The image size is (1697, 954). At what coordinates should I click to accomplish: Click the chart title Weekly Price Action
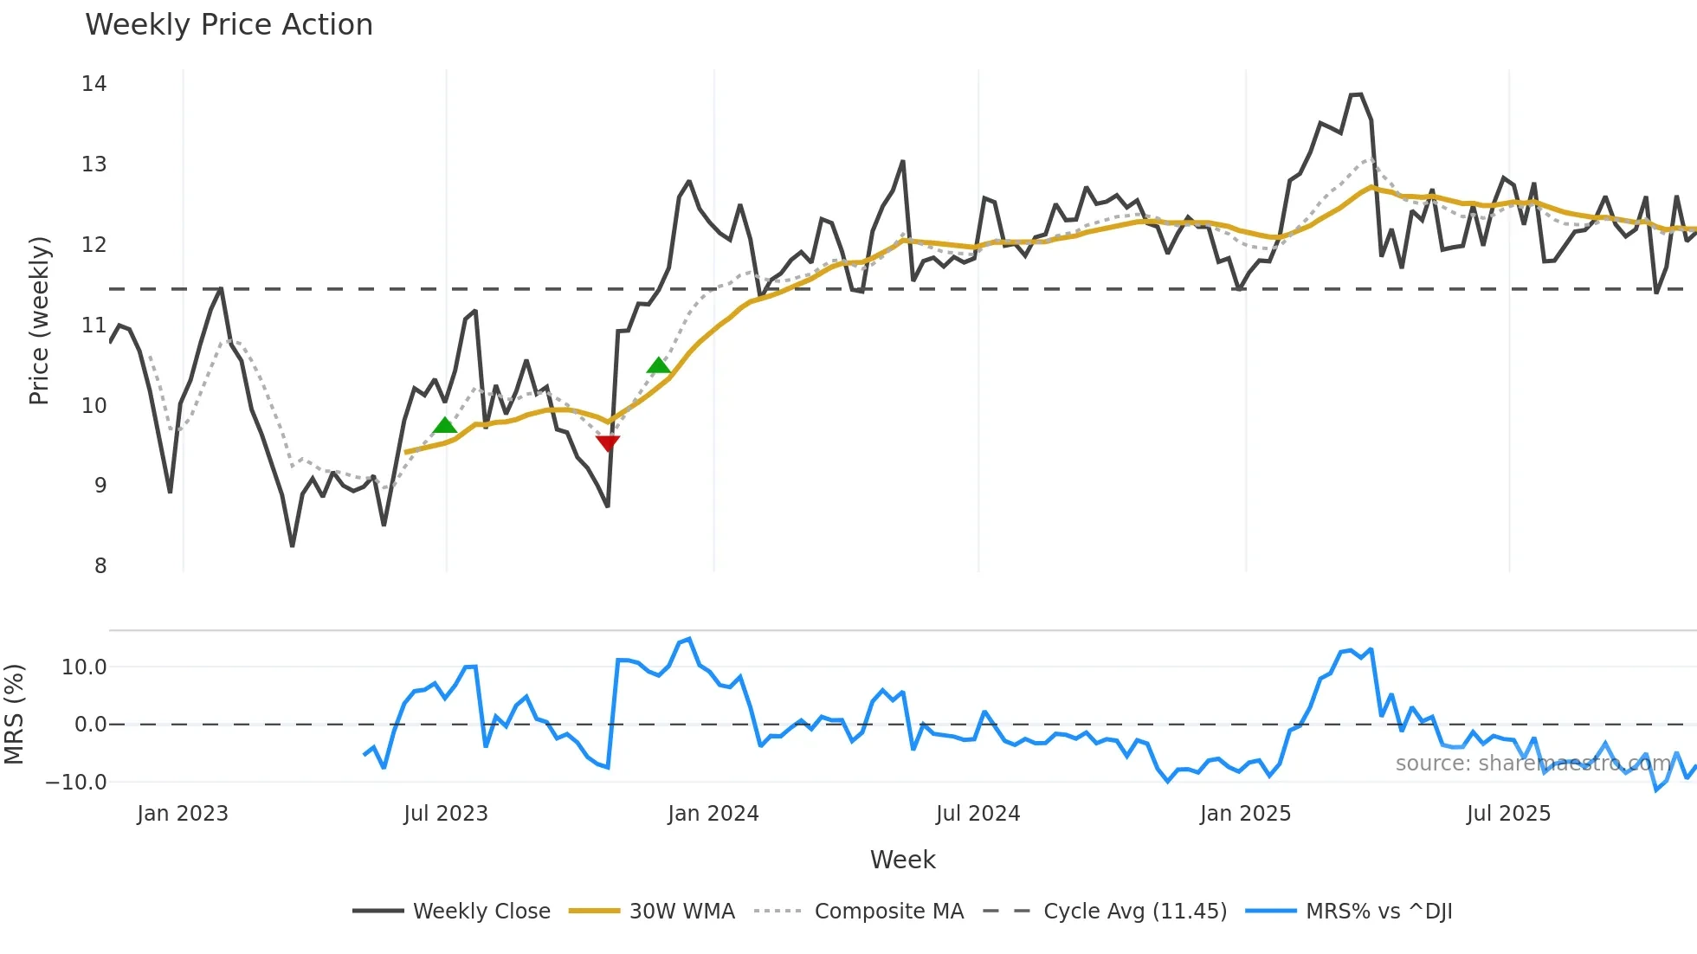click(229, 25)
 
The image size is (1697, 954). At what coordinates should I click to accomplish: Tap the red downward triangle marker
click(608, 443)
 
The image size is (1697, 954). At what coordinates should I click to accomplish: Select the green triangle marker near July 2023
click(444, 425)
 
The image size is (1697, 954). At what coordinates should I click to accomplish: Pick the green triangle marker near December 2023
click(658, 365)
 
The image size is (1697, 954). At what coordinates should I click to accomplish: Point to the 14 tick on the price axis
click(94, 84)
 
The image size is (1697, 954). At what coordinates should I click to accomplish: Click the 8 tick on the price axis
click(100, 566)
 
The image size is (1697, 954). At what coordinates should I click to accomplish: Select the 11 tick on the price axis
click(94, 326)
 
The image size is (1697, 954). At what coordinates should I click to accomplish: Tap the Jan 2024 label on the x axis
click(713, 814)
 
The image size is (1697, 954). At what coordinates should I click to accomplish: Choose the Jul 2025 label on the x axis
click(1508, 814)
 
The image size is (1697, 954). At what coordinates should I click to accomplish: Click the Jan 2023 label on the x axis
click(183, 814)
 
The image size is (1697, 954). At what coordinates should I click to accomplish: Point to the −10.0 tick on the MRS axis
click(76, 783)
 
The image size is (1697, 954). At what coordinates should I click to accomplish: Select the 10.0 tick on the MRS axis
click(84, 667)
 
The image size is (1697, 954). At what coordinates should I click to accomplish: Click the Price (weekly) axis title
click(39, 320)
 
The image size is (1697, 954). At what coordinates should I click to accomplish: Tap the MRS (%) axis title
click(14, 714)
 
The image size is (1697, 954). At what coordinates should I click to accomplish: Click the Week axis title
click(902, 860)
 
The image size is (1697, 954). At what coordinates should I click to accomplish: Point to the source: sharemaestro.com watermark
click(1532, 764)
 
